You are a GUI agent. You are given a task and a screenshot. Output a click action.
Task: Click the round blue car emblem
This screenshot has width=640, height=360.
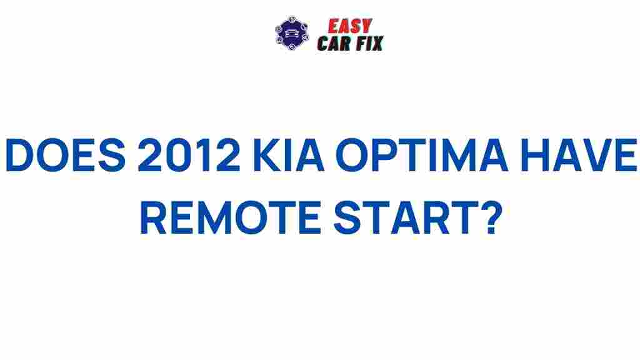pyautogui.click(x=292, y=34)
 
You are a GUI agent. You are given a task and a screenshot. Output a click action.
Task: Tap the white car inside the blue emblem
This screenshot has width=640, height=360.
pyautogui.click(x=292, y=35)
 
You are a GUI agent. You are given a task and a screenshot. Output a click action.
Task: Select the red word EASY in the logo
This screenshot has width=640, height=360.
pyautogui.click(x=351, y=26)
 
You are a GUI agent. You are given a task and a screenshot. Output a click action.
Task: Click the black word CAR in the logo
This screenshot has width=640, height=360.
pyautogui.click(x=336, y=43)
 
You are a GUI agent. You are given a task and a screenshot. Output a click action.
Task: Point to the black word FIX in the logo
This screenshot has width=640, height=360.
pyautogui.click(x=370, y=43)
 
